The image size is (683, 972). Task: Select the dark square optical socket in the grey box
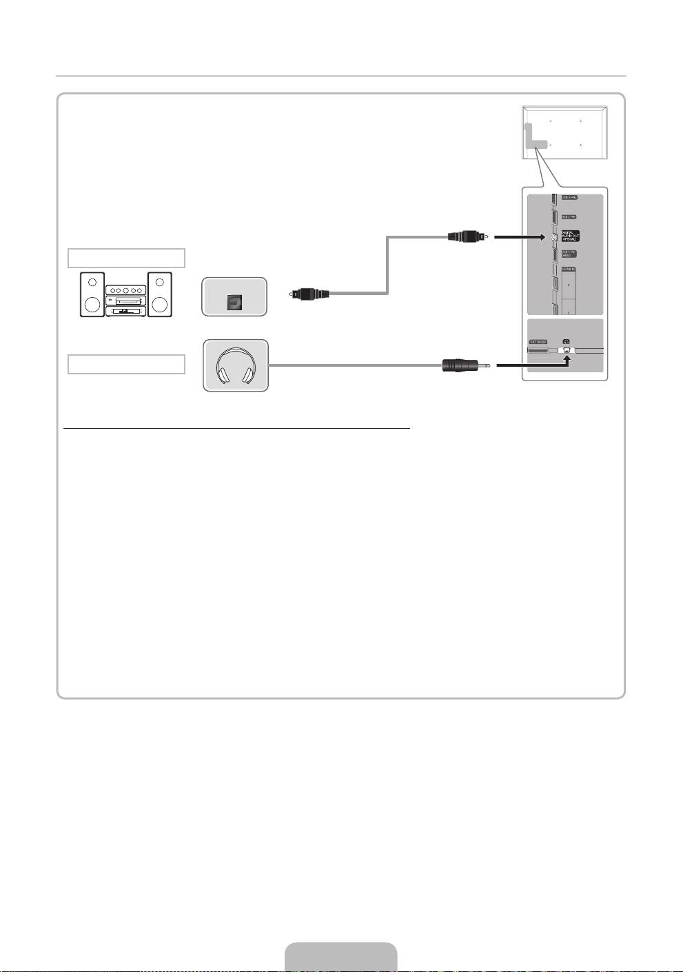point(234,301)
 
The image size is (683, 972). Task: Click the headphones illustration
point(236,365)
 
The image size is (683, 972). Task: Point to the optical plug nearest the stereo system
point(309,294)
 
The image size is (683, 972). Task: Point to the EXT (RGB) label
point(538,341)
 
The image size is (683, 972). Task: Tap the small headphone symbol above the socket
point(567,341)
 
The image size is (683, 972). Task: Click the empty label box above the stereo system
point(126,258)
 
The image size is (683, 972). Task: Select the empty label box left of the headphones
point(126,364)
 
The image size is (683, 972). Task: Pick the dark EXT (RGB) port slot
point(538,350)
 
